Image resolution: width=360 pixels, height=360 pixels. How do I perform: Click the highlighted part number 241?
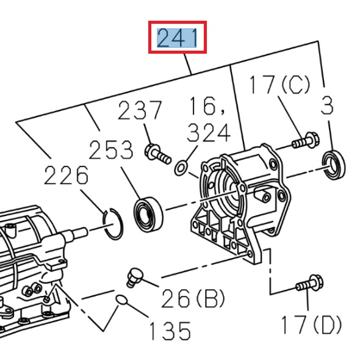point(178,38)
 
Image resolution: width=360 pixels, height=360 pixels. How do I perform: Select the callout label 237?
point(140,111)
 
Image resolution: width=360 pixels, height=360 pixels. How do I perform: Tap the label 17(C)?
point(279,85)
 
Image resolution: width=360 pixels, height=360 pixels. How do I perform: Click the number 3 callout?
point(328,106)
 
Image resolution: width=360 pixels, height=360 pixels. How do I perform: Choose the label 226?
point(66,176)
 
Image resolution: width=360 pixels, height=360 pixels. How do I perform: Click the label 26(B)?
point(193,299)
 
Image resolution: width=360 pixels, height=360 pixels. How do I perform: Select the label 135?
point(170,331)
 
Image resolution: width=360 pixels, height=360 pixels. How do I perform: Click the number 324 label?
point(209,132)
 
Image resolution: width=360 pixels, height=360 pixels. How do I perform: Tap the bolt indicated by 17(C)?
point(303,142)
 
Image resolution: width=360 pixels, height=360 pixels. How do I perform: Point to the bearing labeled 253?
point(149,212)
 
